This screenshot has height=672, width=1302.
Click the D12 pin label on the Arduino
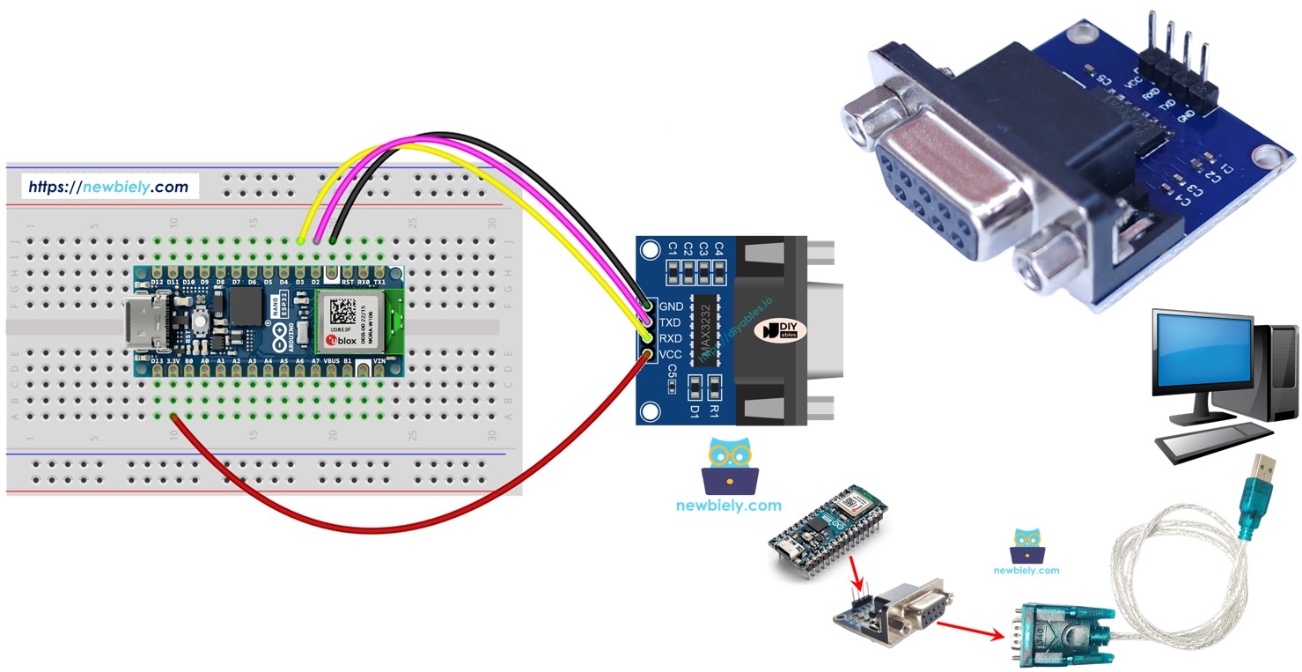point(157,282)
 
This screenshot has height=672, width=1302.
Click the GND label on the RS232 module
point(672,306)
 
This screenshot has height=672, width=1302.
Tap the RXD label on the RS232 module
point(672,338)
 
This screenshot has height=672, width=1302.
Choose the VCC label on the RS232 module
point(672,354)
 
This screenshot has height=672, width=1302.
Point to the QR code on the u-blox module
point(342,310)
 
